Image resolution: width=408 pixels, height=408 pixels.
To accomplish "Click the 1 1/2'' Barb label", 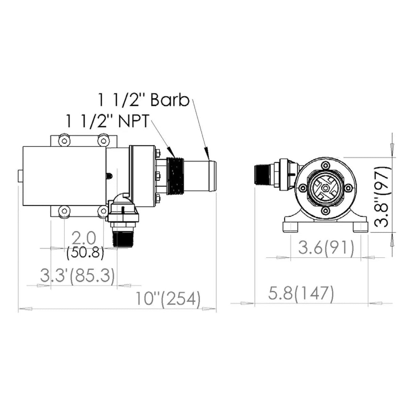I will pyautogui.click(x=143, y=100).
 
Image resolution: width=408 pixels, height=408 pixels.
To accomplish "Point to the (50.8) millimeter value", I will pyautogui.click(x=85, y=253).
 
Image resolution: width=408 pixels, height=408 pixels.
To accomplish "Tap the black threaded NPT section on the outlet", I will pyautogui.click(x=176, y=176).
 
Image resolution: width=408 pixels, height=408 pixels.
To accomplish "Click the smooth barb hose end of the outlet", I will pyautogui.click(x=201, y=176).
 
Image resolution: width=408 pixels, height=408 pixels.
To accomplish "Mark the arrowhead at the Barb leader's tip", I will pyautogui.click(x=206, y=150).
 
